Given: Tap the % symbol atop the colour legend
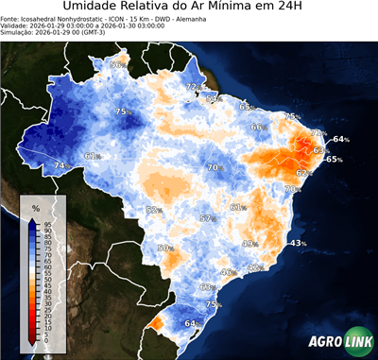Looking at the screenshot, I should point(35,207).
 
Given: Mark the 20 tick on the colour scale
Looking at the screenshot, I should point(47,319).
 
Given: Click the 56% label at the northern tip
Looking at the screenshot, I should point(118,65).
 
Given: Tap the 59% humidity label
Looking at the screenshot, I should point(214,98).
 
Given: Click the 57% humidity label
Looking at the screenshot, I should point(207,218).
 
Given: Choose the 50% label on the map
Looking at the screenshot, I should point(165,248).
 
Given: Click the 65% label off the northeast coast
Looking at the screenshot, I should point(334,160).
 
